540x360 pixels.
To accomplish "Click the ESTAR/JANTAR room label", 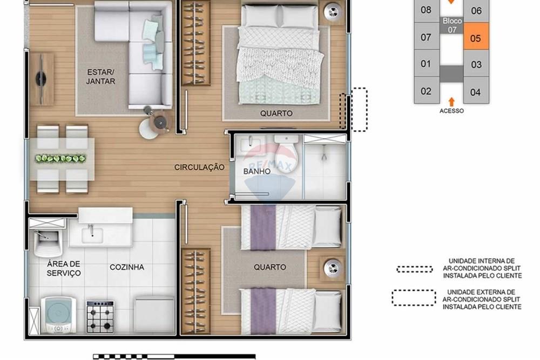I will pyautogui.click(x=101, y=77).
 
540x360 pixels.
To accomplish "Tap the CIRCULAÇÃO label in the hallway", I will pyautogui.click(x=199, y=167).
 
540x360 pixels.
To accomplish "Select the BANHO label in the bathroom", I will pyautogui.click(x=256, y=172).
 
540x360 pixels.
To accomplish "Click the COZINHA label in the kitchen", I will pyautogui.click(x=127, y=267).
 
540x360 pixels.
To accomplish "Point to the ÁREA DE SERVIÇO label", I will pyautogui.click(x=64, y=268).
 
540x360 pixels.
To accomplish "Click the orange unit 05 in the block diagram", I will pyautogui.click(x=476, y=38).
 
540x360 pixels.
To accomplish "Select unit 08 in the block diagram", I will pyautogui.click(x=426, y=10).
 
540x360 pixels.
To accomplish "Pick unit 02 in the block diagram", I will pyautogui.click(x=426, y=91).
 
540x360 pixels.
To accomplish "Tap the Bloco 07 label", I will pyautogui.click(x=452, y=25).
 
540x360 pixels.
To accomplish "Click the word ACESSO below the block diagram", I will pyautogui.click(x=451, y=111).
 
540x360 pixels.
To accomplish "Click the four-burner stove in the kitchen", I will pyautogui.click(x=100, y=316).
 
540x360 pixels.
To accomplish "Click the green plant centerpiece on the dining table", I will pyautogui.click(x=60, y=159).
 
